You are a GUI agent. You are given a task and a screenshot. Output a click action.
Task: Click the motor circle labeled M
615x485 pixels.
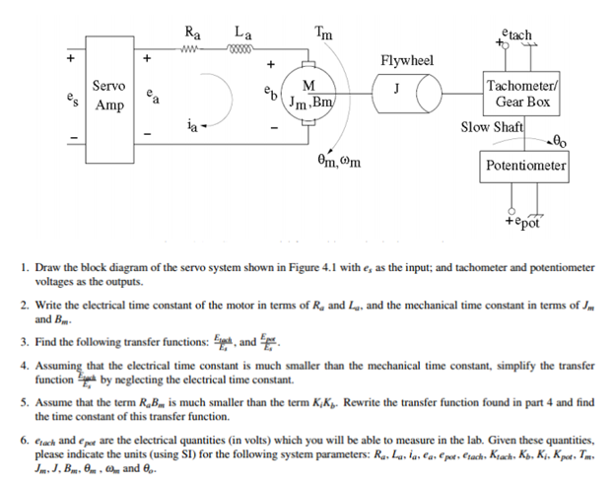(x=308, y=91)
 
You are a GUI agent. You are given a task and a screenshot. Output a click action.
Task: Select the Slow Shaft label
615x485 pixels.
(x=493, y=127)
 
